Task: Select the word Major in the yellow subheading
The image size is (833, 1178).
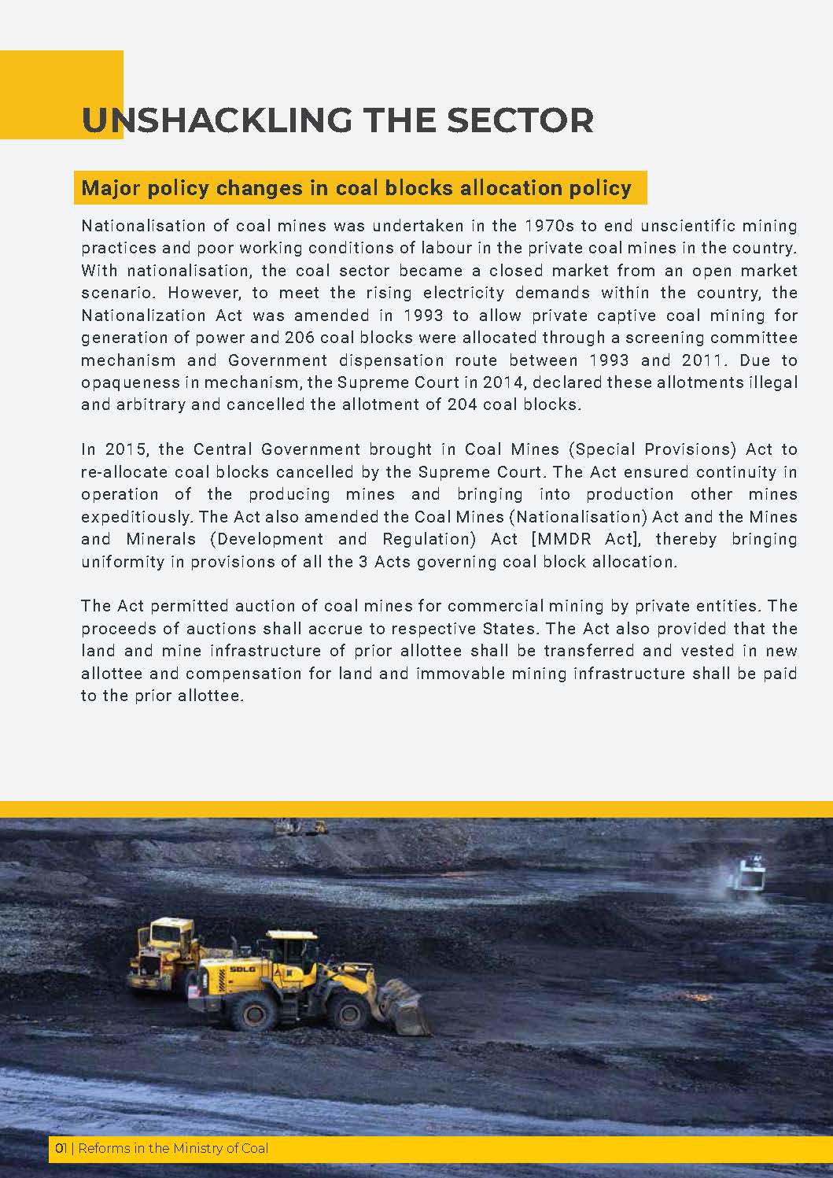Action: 106,188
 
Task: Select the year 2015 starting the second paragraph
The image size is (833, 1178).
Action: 129,449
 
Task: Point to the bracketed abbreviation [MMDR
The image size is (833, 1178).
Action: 558,539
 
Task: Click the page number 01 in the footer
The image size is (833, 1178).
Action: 60,1148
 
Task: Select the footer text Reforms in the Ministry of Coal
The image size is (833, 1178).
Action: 173,1148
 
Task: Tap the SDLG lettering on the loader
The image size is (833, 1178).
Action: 241,969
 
